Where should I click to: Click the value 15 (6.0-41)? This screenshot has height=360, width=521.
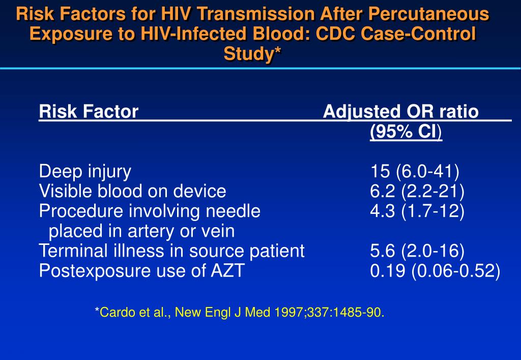[x=415, y=172]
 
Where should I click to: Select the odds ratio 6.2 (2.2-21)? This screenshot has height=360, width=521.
[x=417, y=191]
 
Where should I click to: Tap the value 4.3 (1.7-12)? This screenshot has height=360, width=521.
[x=417, y=211]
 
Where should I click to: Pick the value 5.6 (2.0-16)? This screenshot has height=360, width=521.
[x=417, y=251]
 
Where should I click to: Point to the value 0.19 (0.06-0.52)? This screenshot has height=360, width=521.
[x=435, y=271]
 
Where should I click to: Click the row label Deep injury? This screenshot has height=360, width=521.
[x=85, y=172]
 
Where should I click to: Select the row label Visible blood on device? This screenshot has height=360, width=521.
[x=132, y=191]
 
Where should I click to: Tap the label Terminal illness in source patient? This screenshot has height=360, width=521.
[x=171, y=251]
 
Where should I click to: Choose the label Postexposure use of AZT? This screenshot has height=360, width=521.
[x=141, y=271]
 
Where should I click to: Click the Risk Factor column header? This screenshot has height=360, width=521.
[x=89, y=112]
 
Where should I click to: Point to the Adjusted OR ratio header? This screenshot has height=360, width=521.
[x=401, y=112]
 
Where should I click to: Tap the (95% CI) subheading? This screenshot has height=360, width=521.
[x=406, y=132]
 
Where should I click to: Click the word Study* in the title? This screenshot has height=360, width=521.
[x=253, y=53]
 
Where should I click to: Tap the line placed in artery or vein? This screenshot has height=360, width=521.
[x=141, y=231]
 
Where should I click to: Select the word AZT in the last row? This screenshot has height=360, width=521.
[x=227, y=271]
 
